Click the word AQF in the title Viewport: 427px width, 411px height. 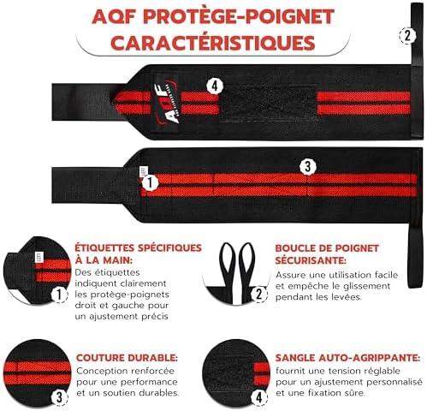[x=113, y=16]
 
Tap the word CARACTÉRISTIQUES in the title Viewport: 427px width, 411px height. [x=213, y=43]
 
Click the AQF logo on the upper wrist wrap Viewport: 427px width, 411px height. [x=165, y=103]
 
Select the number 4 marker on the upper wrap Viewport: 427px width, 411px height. [x=215, y=86]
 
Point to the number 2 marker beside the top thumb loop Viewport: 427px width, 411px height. [x=407, y=36]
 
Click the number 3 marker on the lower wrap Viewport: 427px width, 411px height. [x=307, y=166]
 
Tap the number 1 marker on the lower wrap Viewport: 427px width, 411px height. [x=150, y=182]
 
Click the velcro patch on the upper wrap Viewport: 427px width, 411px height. [x=268, y=103]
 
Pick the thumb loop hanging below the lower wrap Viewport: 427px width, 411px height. [x=413, y=255]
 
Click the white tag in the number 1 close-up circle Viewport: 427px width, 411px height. [x=39, y=257]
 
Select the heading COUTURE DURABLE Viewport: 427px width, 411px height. [x=127, y=358]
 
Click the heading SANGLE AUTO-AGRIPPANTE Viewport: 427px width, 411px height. [x=347, y=358]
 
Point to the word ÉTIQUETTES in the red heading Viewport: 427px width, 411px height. [x=106, y=247]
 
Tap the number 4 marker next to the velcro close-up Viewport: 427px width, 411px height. [x=259, y=397]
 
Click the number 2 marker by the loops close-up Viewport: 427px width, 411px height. [x=259, y=295]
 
